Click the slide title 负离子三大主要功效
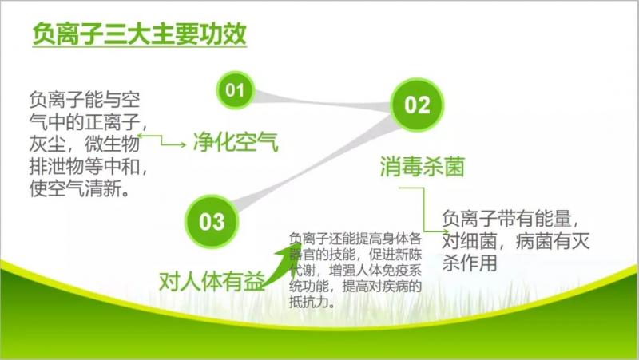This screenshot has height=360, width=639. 139,34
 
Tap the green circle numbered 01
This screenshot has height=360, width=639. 235,90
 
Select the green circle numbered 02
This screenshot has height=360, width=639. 417,105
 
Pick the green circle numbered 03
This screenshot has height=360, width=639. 212,222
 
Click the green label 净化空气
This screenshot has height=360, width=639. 236,142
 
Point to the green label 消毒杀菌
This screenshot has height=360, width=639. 423,166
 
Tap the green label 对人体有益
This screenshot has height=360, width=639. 212,281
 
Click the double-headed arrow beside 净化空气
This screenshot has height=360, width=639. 162,140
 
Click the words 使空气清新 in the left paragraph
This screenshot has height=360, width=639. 75,188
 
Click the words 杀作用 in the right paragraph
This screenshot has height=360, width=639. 470,263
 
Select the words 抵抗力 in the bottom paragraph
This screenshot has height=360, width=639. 308,302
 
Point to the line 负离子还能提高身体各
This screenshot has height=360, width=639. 355,239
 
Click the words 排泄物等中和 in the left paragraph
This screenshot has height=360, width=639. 85,166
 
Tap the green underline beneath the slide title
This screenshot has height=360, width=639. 139,47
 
